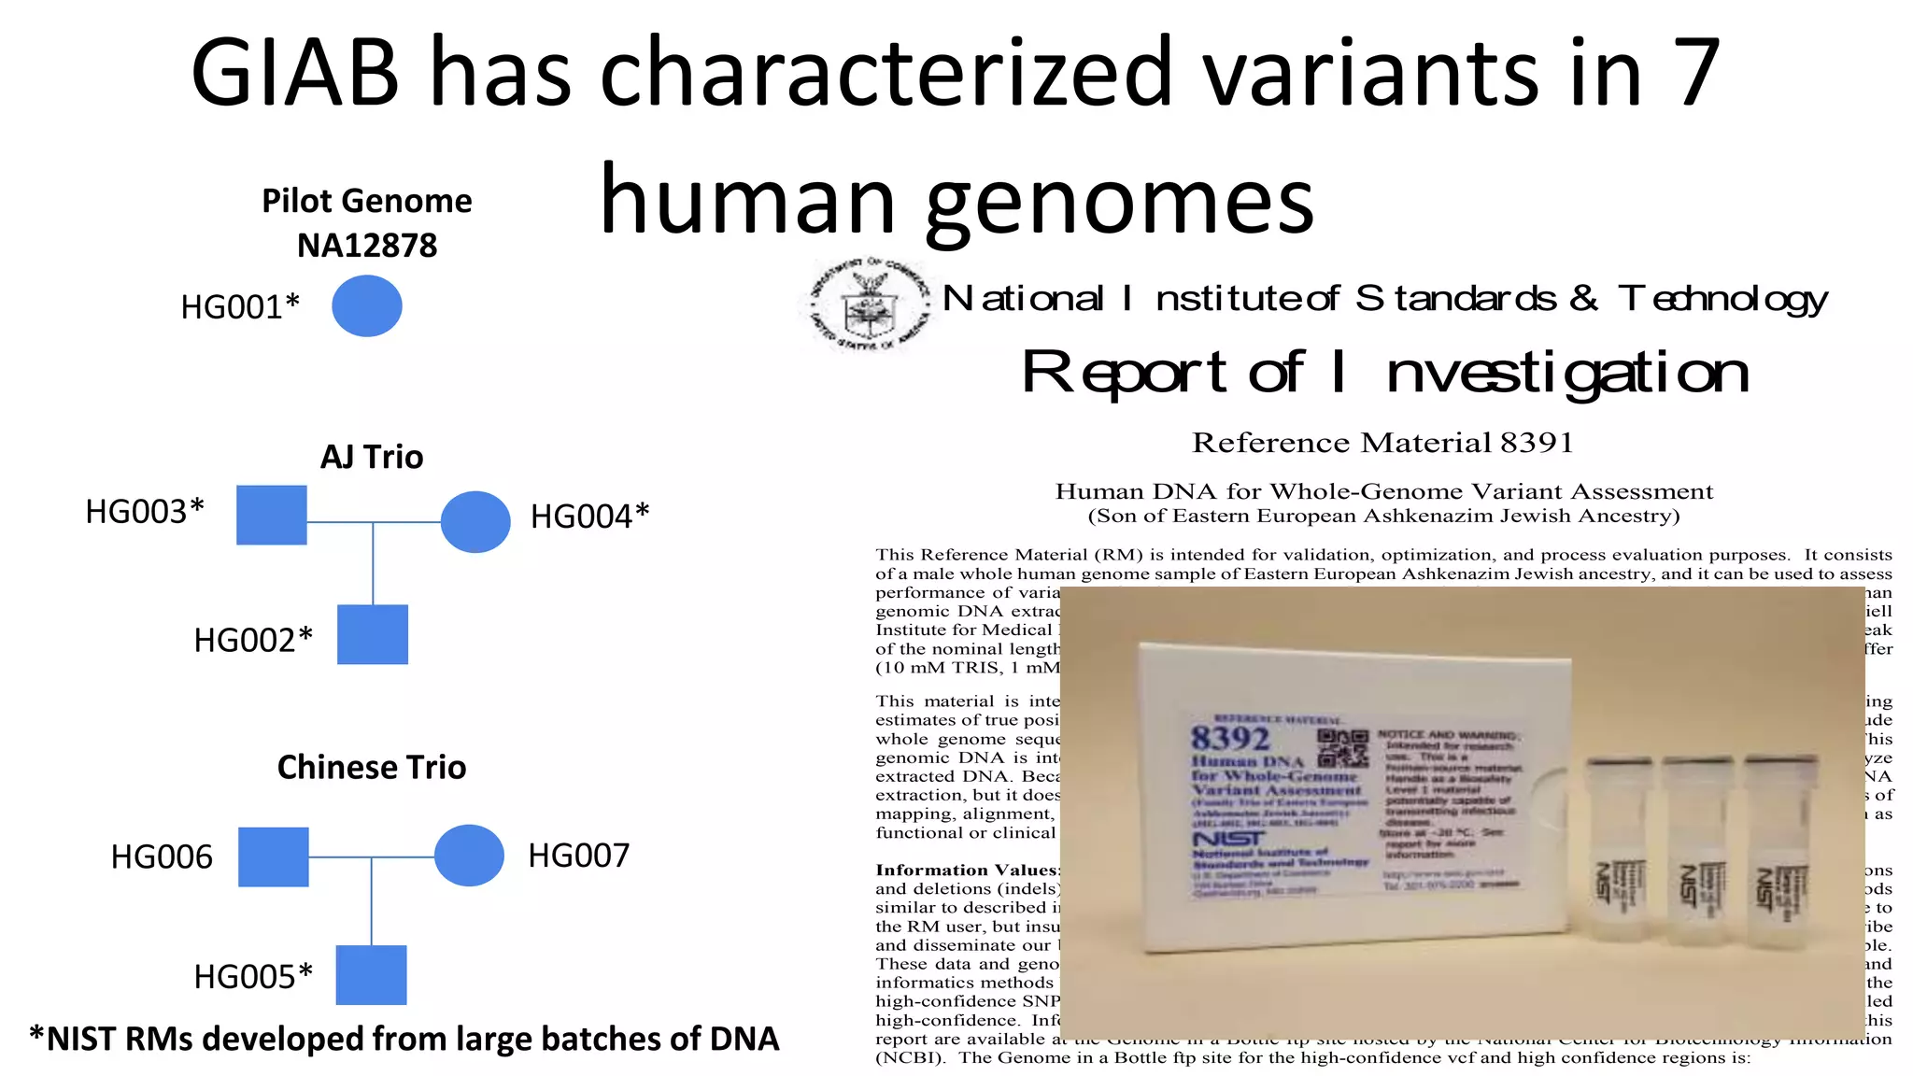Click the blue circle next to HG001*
point(367,305)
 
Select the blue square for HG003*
point(272,515)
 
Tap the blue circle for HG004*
point(475,521)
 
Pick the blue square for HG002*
point(373,634)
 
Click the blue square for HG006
point(274,857)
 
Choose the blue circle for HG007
point(469,855)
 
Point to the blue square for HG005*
point(371,974)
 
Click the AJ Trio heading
point(372,457)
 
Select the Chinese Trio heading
point(372,767)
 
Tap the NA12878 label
point(367,246)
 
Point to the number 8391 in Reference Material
point(1537,443)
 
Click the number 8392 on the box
point(1229,739)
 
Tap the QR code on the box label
point(1342,748)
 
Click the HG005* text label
point(253,976)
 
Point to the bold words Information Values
point(968,870)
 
